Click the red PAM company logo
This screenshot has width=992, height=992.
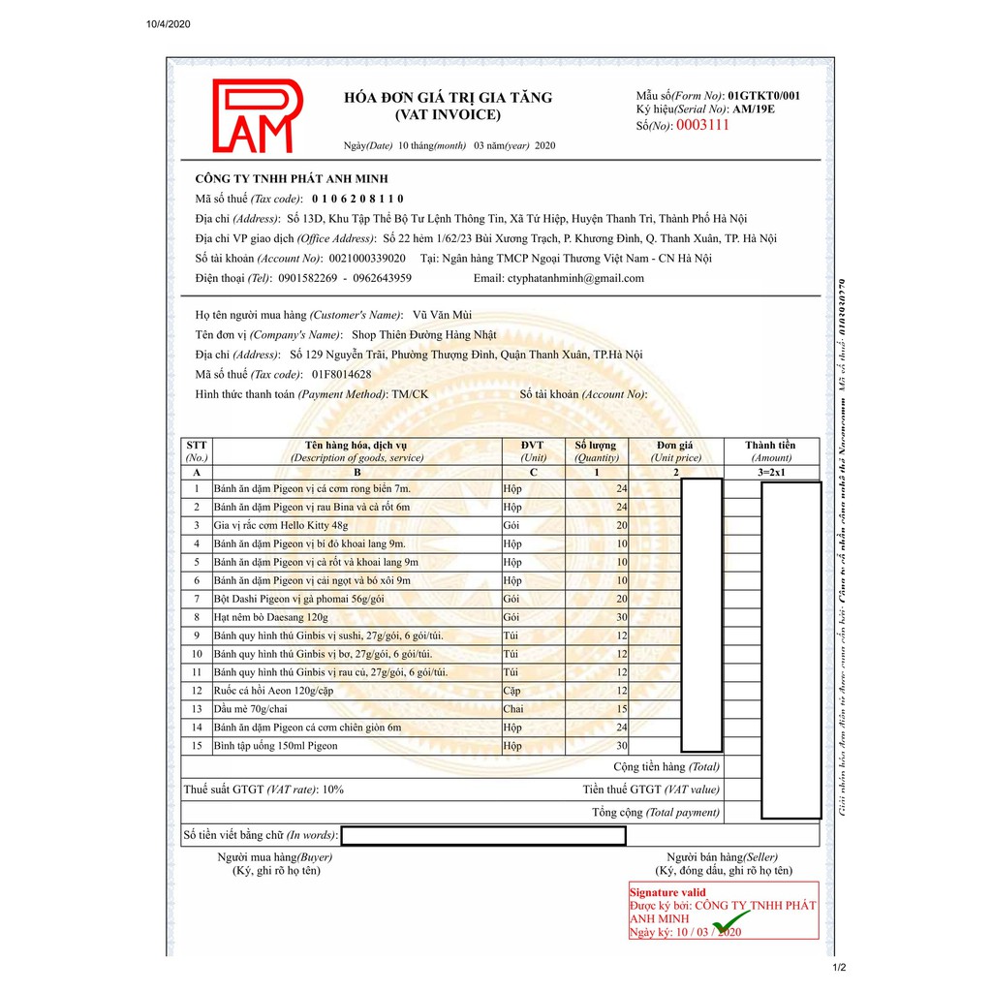258,116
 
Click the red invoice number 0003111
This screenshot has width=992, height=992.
702,125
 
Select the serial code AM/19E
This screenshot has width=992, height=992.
754,109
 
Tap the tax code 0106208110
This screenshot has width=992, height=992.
357,199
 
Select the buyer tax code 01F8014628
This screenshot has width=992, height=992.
340,374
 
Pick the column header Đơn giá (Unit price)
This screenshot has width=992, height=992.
675,451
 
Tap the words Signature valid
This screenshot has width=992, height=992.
667,892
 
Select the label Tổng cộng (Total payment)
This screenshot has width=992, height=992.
656,813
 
